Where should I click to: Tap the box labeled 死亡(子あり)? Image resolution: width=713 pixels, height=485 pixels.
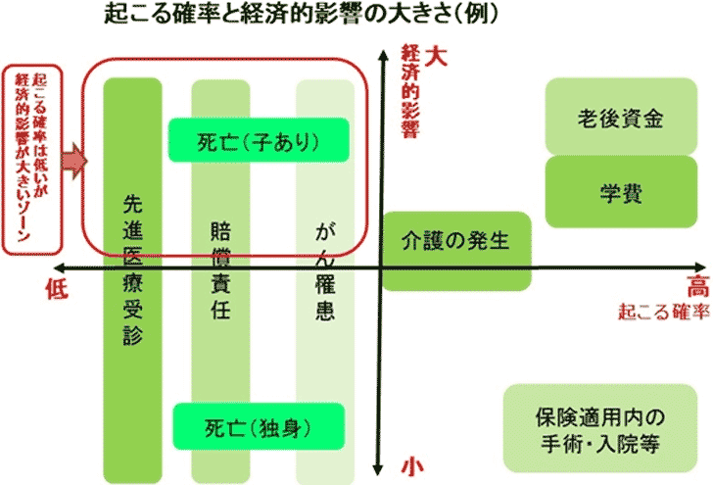pos(258,140)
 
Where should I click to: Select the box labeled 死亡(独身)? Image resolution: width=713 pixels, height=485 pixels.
pos(258,426)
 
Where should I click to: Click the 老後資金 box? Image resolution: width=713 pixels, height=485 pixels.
pos(621,119)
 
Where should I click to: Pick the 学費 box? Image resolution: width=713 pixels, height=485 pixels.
pos(621,192)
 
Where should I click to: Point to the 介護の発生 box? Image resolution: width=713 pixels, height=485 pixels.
pos(456,238)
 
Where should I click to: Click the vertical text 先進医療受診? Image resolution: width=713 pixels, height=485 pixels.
pos(133,269)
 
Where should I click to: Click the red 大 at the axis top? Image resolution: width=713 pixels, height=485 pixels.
pos(437,57)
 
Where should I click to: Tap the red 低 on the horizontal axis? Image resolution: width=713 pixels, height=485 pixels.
pos(57,289)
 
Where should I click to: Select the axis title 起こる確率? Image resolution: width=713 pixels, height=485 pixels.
pos(662,315)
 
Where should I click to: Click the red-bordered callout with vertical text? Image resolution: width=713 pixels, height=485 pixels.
pos(32,157)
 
